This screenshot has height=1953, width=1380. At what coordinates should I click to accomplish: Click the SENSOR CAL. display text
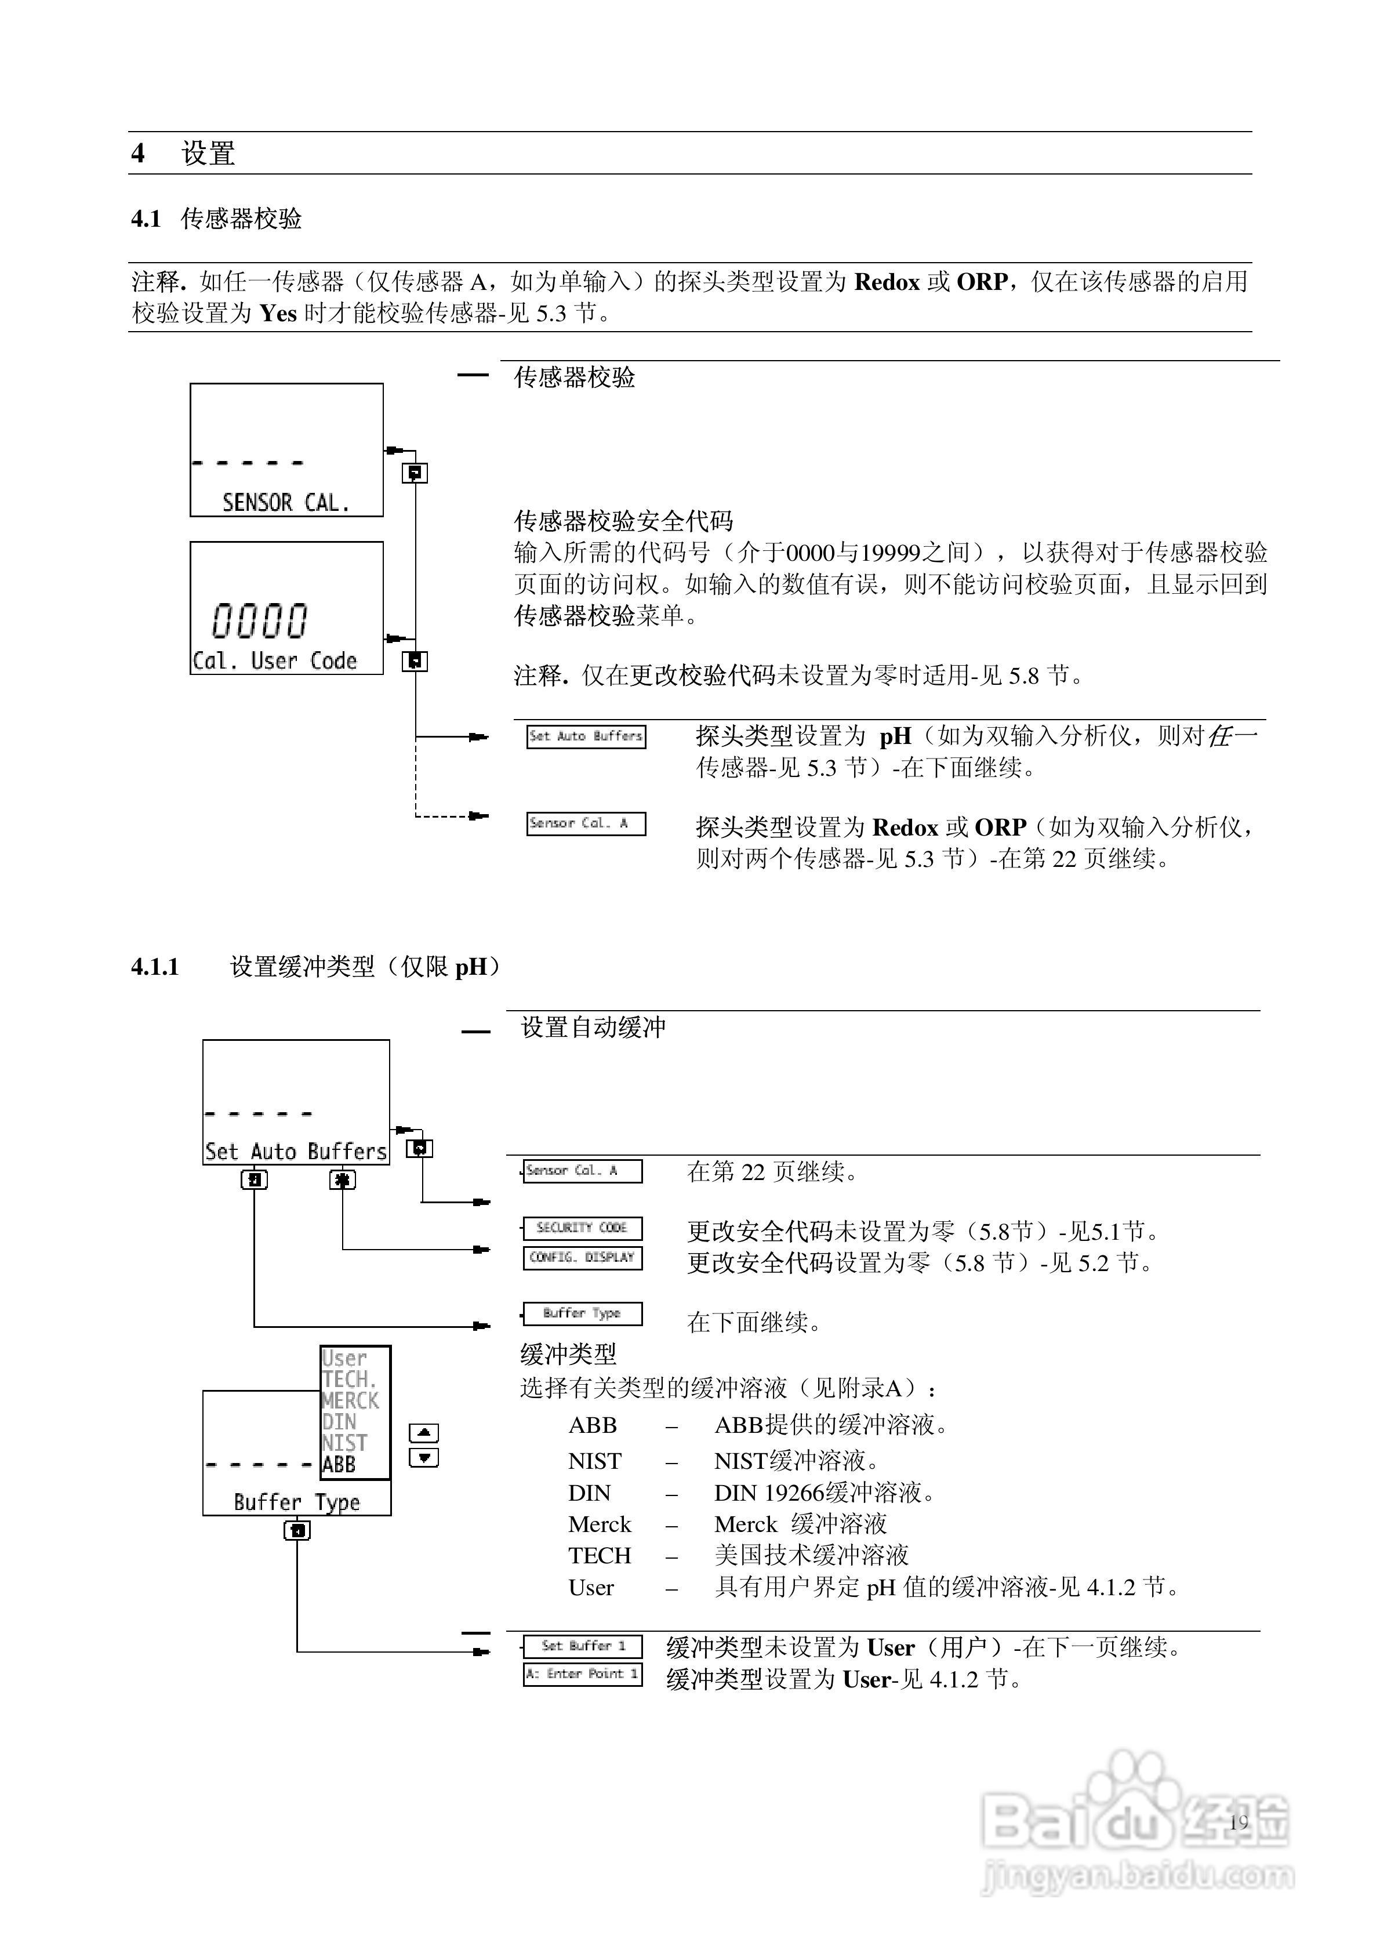point(286,503)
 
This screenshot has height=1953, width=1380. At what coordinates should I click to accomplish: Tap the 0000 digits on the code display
point(260,621)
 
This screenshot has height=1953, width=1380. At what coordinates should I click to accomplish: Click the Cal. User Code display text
point(275,661)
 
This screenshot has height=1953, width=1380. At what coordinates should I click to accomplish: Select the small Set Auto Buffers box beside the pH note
point(586,736)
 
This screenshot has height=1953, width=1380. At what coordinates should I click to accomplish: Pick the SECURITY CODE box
point(582,1228)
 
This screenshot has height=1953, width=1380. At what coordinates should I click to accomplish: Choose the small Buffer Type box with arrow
point(582,1314)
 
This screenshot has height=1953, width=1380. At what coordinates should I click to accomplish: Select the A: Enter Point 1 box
point(583,1674)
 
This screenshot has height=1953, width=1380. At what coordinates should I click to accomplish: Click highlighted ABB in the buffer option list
point(339,1465)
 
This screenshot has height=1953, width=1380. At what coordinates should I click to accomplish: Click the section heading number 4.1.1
point(155,967)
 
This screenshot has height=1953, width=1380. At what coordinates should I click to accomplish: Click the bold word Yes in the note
point(278,314)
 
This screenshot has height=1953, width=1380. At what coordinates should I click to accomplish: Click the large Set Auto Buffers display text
point(295,1152)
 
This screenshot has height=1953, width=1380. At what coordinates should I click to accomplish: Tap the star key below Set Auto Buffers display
point(342,1180)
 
